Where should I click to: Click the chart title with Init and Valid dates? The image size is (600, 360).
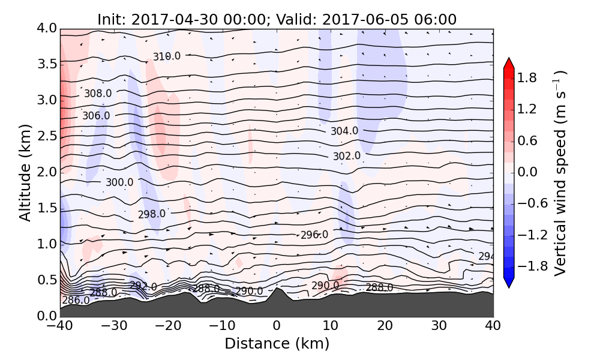(277, 19)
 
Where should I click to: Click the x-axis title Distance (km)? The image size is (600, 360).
(277, 344)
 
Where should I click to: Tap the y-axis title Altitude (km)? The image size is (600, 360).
(25, 172)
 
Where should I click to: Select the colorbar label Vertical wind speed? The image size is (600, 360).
(560, 173)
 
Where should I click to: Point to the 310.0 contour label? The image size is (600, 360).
(166, 56)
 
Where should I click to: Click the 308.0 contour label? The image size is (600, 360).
(98, 94)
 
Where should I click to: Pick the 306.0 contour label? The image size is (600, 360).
(96, 116)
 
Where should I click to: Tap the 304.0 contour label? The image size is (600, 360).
(344, 131)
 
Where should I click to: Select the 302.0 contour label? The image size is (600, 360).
(347, 156)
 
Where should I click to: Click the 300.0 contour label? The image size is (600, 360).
(119, 182)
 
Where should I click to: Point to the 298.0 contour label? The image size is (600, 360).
(152, 214)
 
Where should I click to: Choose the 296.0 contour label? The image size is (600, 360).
(314, 235)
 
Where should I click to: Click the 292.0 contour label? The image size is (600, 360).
(143, 287)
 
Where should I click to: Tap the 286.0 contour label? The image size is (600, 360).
(76, 300)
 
